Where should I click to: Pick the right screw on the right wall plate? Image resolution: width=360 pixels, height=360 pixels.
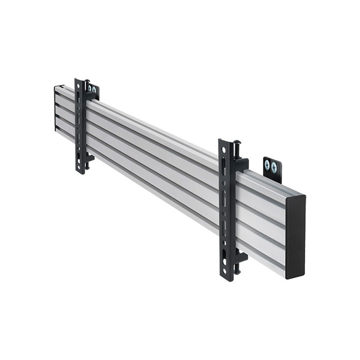[274, 166]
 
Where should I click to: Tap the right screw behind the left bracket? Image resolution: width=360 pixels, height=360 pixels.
[94, 90]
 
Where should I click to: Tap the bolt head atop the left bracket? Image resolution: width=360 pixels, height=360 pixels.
[87, 81]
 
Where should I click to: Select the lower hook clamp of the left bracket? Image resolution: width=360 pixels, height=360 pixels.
[89, 158]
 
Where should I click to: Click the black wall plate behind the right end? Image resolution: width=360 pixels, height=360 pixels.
[272, 168]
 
